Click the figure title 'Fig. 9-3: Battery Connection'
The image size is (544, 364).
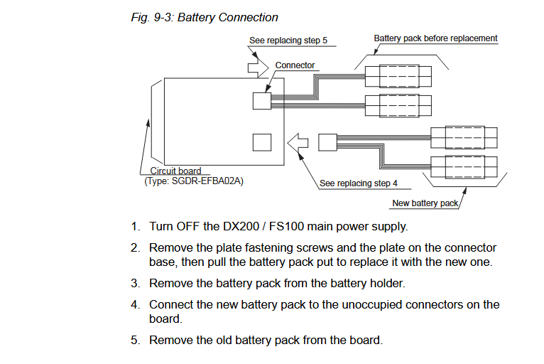[205, 17]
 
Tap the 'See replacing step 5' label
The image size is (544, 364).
[288, 41]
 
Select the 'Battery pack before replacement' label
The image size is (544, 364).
[435, 38]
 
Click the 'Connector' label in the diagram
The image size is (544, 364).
[295, 65]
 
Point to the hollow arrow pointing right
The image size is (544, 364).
[258, 68]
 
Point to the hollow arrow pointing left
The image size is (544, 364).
[298, 143]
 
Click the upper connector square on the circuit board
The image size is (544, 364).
[262, 101]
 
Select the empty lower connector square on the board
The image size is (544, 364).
[262, 142]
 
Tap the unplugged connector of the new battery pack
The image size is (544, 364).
[327, 142]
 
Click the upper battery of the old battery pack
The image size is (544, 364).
[398, 76]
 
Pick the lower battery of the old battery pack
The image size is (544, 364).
[398, 106]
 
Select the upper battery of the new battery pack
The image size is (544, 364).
[464, 137]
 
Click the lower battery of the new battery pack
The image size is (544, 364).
[464, 167]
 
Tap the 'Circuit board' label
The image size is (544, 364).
[175, 171]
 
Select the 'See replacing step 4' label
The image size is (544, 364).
[359, 183]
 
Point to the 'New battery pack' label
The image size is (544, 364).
[425, 203]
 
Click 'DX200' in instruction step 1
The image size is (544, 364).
[241, 227]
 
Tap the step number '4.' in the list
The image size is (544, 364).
[136, 304]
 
